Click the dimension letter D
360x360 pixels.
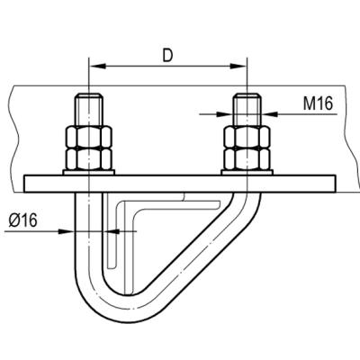pyautogui.click(x=168, y=55)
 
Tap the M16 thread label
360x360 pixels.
pyautogui.click(x=318, y=103)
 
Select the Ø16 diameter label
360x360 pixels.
pyautogui.click(x=23, y=221)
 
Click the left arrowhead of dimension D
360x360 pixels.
pyautogui.click(x=98, y=66)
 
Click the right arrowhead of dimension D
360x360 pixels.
pyautogui.click(x=238, y=66)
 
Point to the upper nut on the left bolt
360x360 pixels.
pyautogui.click(x=89, y=137)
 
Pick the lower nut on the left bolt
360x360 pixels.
pyautogui.click(x=89, y=159)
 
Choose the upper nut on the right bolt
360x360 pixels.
pyautogui.click(x=247, y=137)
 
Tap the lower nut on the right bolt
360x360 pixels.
pyautogui.click(x=247, y=159)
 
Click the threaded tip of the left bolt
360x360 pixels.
pyautogui.click(x=89, y=110)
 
